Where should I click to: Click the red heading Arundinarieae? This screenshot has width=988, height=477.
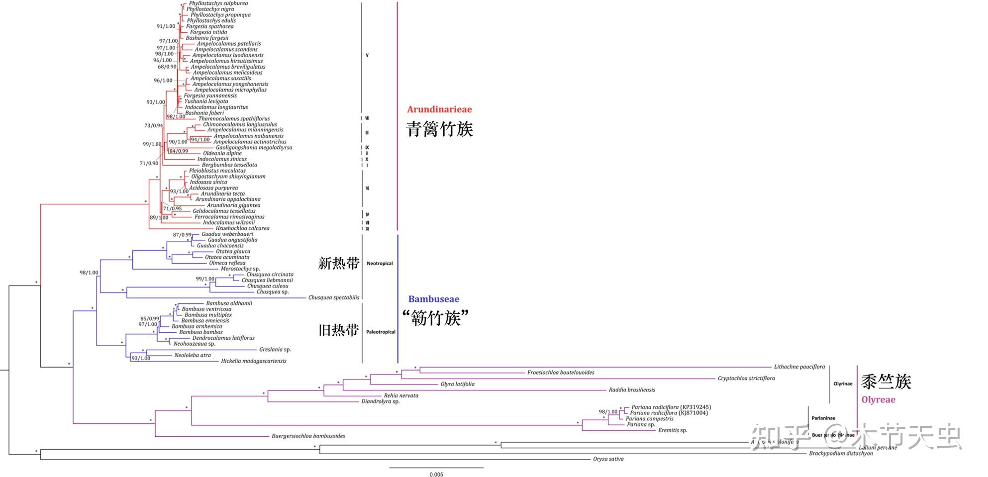coord(439,109)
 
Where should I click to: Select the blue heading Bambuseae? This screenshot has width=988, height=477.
coord(433,299)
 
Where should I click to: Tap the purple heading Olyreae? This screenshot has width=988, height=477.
coord(878,399)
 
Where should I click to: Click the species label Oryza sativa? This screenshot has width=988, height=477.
coord(608,459)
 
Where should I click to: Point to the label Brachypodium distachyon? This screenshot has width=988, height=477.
coord(841,453)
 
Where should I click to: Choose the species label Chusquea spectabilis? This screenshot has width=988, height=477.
coord(333,297)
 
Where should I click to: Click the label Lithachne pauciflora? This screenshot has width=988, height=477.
coord(799,367)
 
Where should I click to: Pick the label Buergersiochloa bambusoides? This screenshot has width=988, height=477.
coord(308,436)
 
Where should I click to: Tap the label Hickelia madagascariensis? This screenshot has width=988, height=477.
coord(254,361)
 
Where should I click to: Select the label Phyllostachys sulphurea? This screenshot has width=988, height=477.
coord(218,3)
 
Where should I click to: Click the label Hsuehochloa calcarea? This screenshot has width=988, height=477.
coord(242,228)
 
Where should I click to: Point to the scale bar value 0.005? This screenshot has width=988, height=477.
coord(436,474)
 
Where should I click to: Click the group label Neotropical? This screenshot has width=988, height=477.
coord(380,264)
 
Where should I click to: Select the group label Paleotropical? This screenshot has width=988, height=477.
coord(381,332)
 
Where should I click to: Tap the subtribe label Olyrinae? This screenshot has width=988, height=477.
coord(843,383)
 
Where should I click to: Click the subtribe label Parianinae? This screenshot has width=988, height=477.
coord(823,418)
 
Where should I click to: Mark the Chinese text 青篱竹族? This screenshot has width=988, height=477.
coord(439,129)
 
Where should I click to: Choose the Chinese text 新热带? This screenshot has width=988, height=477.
coord(338,263)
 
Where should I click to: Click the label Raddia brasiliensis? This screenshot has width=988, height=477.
coord(632,390)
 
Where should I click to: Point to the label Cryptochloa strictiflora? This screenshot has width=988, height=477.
coord(746,378)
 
